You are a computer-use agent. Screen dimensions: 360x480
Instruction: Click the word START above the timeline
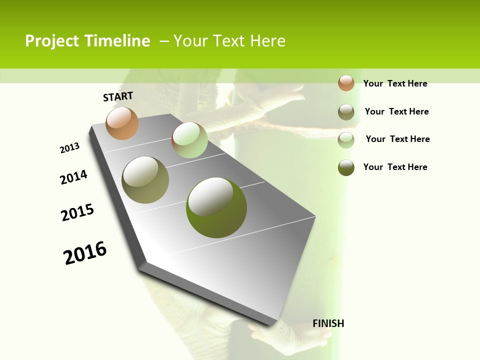tap(118, 96)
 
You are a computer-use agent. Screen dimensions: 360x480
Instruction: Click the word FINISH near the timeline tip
tap(328, 323)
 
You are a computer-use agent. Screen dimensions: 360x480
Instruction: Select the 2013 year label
tap(69, 148)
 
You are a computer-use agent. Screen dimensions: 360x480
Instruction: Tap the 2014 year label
tap(73, 177)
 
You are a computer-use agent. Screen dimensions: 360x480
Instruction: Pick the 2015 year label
tap(77, 212)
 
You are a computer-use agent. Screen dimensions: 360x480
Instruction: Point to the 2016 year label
tap(85, 253)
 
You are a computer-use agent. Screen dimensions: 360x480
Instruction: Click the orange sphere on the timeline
tap(122, 123)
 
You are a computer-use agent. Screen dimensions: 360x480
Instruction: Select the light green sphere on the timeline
tap(189, 140)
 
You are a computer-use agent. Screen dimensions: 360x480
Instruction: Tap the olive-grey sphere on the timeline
tap(145, 180)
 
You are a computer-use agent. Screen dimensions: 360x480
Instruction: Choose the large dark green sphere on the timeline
tap(216, 207)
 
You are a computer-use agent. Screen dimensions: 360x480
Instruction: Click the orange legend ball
tap(346, 83)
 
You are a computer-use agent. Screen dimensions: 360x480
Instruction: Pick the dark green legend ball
tap(346, 167)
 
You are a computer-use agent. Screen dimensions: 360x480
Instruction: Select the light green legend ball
tap(346, 140)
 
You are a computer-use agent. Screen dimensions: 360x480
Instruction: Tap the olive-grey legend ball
tap(346, 112)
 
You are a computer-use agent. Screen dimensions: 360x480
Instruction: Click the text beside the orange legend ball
tap(395, 83)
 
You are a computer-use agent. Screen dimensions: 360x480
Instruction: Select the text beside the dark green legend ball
tap(395, 167)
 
